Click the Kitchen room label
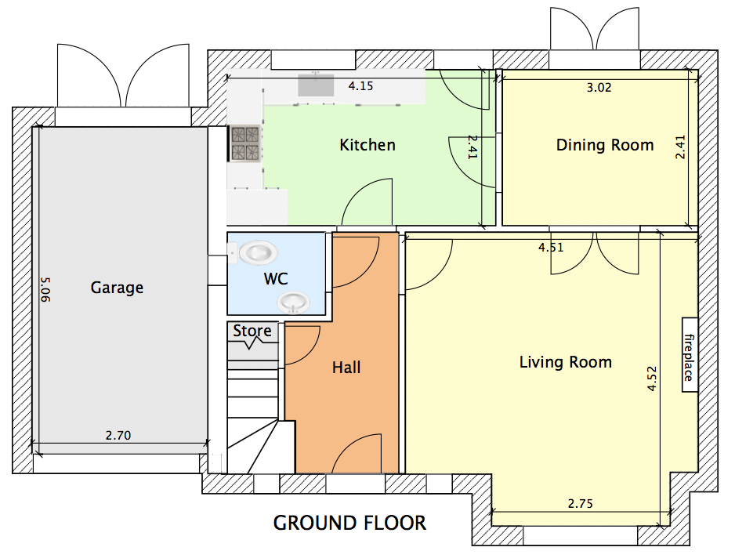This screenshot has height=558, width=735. [367, 145]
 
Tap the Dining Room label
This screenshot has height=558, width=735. [605, 145]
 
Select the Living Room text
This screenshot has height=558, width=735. [566, 362]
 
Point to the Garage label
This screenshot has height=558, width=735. [117, 288]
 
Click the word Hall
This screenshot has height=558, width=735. [346, 367]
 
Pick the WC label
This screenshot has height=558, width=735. [276, 279]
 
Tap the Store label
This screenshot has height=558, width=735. [252, 331]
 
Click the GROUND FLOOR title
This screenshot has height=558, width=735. [349, 523]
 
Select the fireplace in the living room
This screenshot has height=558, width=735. [690, 355]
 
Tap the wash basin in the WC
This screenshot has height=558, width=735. [293, 303]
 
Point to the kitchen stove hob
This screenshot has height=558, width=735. [244, 143]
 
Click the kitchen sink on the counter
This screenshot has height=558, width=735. [316, 85]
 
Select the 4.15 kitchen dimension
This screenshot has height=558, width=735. [360, 86]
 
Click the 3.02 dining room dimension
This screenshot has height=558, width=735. [599, 88]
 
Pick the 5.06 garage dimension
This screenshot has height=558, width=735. [45, 289]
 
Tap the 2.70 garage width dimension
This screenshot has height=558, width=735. [118, 436]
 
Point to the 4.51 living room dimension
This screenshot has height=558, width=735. [551, 248]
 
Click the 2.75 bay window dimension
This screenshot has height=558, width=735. [581, 504]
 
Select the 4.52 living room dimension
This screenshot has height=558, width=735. [652, 379]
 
